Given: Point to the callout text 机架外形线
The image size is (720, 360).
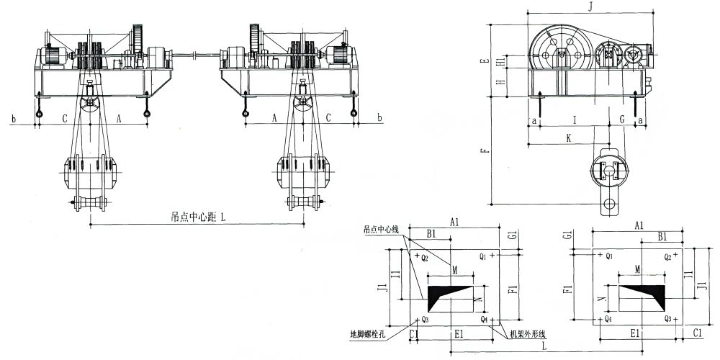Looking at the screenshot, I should [529, 334].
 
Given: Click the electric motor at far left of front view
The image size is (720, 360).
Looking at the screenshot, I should [53, 55].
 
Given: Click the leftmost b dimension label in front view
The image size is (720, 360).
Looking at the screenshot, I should [14, 117].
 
